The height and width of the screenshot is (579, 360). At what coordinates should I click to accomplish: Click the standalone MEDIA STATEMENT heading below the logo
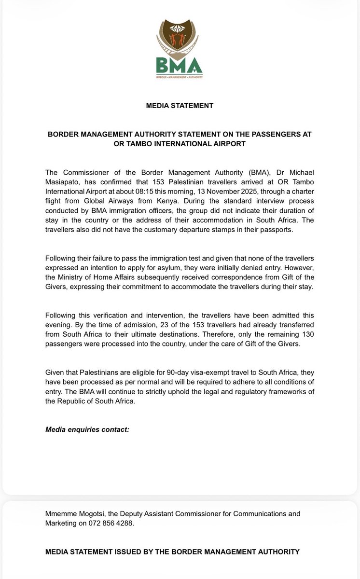tap(180, 105)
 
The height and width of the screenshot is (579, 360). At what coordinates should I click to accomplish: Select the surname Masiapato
tap(62, 181)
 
